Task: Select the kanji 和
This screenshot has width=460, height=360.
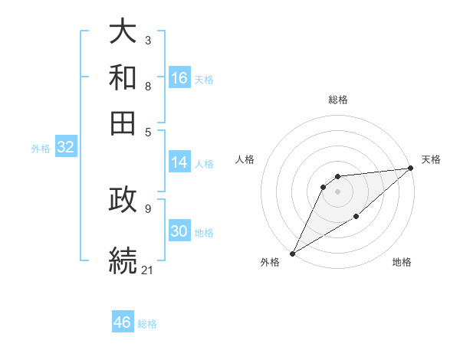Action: click(123, 77)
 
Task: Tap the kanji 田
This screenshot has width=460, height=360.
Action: click(123, 123)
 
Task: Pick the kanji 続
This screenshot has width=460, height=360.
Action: click(123, 259)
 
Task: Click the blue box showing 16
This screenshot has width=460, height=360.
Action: click(179, 78)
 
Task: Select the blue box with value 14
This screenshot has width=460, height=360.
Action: click(179, 162)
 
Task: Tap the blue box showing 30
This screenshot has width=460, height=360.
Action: click(179, 232)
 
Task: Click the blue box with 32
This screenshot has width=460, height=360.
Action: click(65, 148)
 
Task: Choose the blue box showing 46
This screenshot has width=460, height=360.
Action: click(123, 322)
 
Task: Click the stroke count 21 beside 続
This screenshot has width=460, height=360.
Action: click(148, 270)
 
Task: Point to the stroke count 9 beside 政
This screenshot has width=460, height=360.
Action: click(147, 208)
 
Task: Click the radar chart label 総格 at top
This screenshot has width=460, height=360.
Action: click(337, 100)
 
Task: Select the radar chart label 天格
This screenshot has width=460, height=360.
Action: click(431, 159)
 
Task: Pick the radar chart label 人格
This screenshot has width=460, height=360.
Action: click(245, 159)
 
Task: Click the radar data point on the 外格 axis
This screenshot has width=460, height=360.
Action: click(292, 253)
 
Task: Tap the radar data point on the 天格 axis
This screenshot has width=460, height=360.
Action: click(410, 169)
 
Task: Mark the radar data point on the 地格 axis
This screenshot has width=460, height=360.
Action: click(356, 218)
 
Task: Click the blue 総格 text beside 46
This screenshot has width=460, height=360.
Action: click(147, 324)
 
